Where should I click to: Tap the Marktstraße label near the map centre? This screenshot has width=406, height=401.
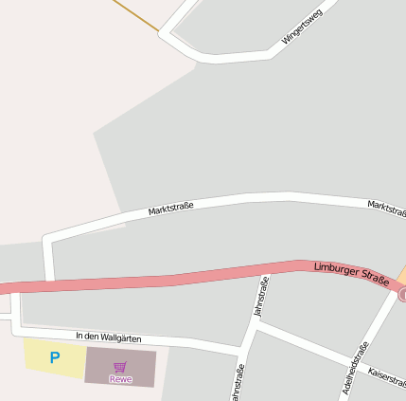[170, 208]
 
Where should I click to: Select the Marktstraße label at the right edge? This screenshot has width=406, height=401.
[386, 207]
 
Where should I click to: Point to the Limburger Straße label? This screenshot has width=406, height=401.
[351, 275]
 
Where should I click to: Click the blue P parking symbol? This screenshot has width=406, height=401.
[54, 357]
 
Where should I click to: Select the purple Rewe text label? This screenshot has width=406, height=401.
[120, 379]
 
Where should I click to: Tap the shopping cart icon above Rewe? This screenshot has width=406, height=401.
[120, 367]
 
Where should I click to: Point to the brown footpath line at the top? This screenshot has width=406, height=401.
[137, 15]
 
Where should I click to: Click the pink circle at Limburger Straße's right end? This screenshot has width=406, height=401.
[402, 296]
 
